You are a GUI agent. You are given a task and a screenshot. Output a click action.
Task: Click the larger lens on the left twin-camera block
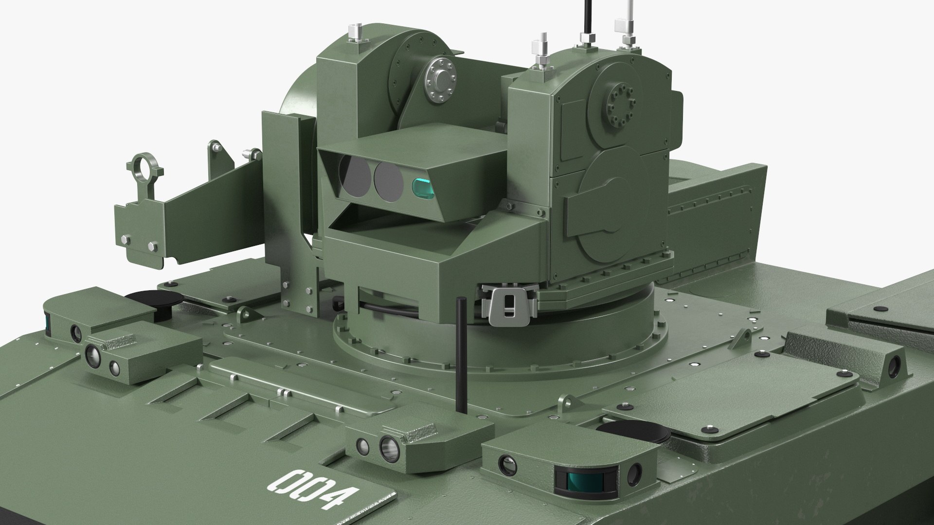tap(92, 356)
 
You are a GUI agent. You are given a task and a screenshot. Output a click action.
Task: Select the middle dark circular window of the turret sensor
tap(389, 181)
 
